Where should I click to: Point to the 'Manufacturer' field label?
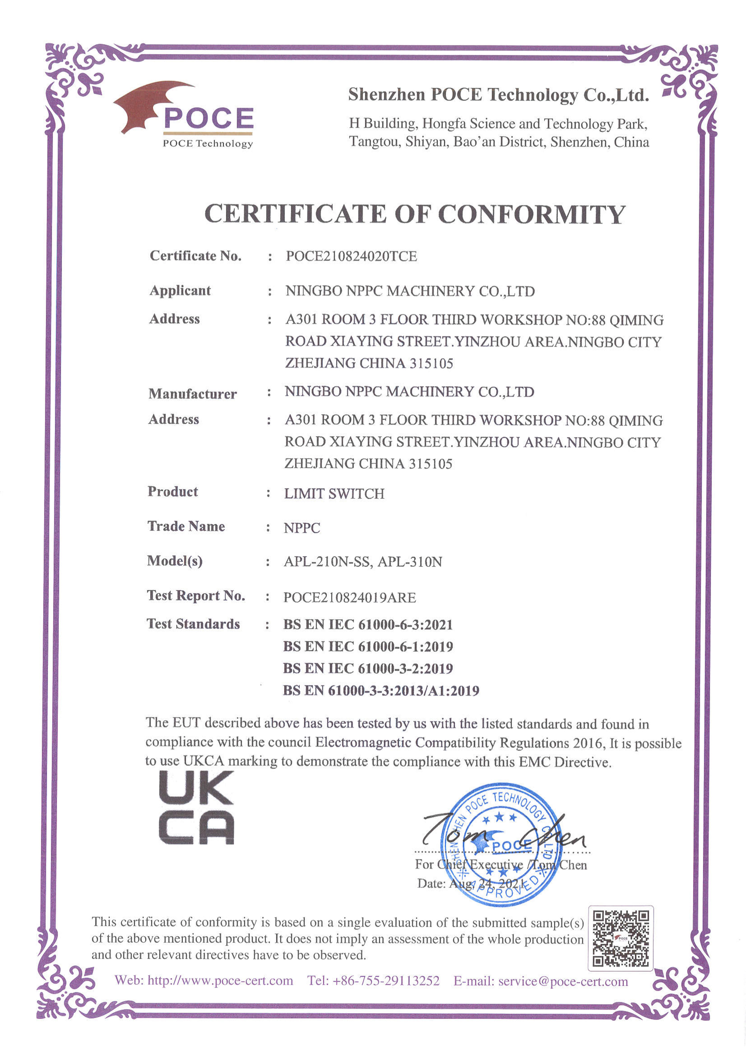coord(192,393)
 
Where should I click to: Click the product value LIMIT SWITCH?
coord(334,494)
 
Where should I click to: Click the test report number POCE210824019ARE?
coord(349,597)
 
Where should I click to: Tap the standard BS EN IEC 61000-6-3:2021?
coord(368,624)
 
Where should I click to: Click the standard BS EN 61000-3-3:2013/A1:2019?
coord(381,690)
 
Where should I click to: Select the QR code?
coord(621,938)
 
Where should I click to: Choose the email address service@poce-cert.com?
coord(563,982)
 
